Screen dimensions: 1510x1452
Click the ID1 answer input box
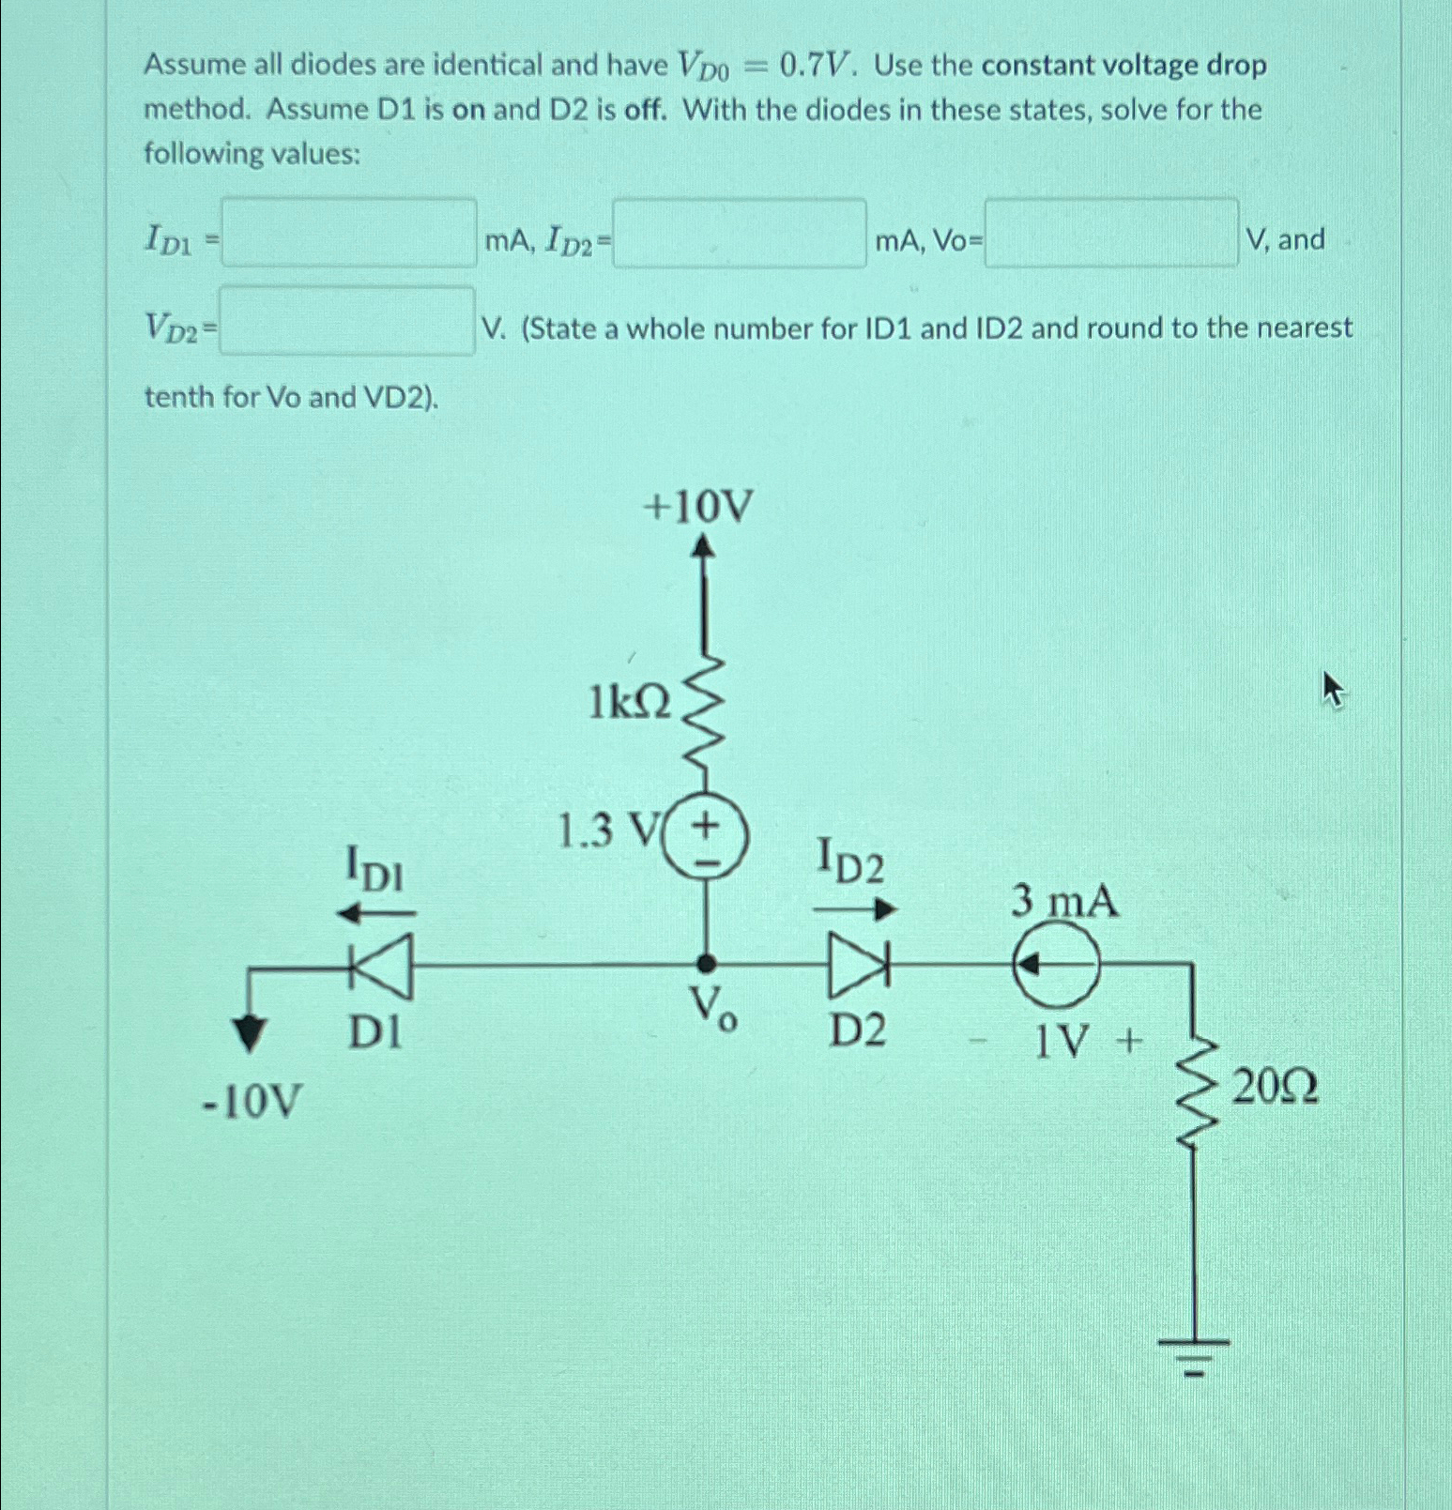point(349,233)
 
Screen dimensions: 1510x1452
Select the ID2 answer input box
point(740,234)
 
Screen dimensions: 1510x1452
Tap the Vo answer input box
point(1110,233)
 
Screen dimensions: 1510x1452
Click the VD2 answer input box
point(347,321)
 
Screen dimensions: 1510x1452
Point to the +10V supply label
point(698,508)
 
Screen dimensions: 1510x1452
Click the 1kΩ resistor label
point(629,702)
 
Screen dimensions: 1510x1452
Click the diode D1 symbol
point(381,966)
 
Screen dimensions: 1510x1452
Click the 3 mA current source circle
point(1057,965)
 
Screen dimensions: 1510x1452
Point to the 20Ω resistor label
point(1274,1089)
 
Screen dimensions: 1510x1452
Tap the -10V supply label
point(252,1101)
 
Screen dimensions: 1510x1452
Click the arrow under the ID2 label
point(854,908)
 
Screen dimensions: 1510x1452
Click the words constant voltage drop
point(1123,66)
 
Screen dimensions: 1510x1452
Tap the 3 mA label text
point(1064,902)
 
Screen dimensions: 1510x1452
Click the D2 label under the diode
point(857,1031)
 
